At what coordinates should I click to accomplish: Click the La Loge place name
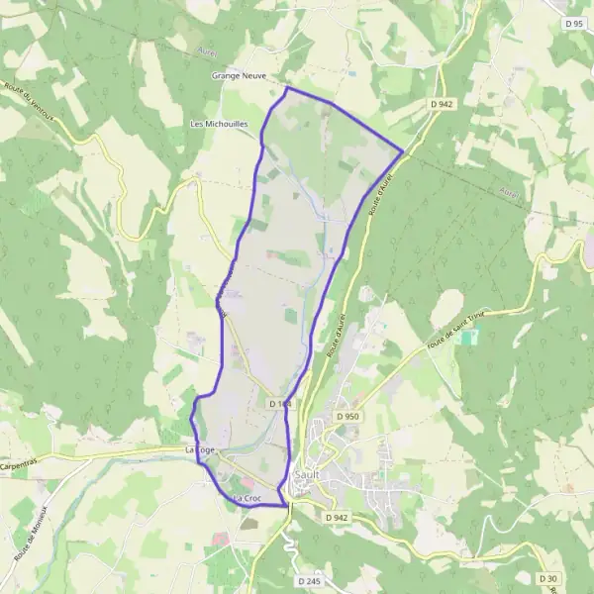click(200, 449)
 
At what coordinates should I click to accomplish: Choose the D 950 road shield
click(346, 417)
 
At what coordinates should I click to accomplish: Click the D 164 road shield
click(280, 403)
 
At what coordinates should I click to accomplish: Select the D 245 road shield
click(308, 581)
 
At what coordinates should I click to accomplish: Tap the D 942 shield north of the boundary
click(442, 104)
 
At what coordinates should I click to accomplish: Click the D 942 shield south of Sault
click(337, 517)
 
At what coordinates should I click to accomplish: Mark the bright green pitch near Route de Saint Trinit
click(468, 338)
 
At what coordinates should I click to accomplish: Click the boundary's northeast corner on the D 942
click(403, 151)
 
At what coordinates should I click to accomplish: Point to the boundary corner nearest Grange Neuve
click(287, 88)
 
